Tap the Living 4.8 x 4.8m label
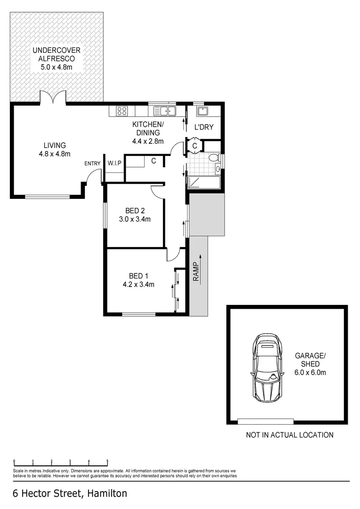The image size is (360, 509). coord(55,149)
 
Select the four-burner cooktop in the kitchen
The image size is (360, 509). coord(122,111)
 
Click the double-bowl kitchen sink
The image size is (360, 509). coord(164,111)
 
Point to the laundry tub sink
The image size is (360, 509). coord(203,111)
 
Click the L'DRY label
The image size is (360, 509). coord(204,127)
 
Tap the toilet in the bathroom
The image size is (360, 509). coord(213,157)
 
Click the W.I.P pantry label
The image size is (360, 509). coord(115,163)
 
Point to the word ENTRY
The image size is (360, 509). coord(92,164)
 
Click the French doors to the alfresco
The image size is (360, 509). coord(53,98)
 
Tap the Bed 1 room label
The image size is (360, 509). coord(138,276)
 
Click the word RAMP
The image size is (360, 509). coord(195,272)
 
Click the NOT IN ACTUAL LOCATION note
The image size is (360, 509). coord(289,435)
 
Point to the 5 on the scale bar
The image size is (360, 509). coord(107,461)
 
